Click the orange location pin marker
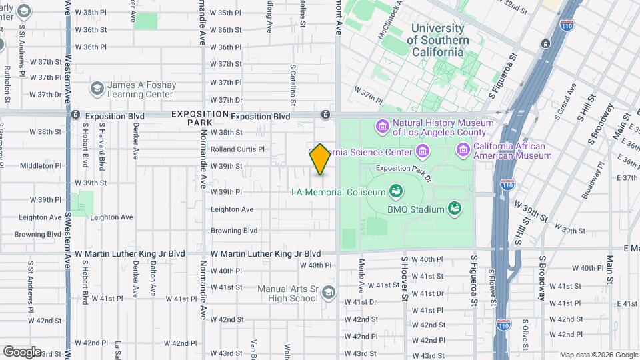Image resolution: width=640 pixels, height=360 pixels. [x=321, y=159]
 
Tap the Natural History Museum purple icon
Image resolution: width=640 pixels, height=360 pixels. [x=382, y=126]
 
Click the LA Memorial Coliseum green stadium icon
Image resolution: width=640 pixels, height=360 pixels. [x=396, y=192]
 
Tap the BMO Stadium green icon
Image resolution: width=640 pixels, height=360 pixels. [x=455, y=209]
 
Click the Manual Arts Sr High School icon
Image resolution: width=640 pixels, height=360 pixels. [x=327, y=293]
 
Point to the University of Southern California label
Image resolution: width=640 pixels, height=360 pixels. [x=437, y=40]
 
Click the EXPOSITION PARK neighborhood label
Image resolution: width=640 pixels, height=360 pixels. [x=191, y=118]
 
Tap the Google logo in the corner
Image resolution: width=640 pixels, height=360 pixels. [x=22, y=351]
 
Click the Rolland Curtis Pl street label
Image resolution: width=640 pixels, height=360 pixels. [x=237, y=149]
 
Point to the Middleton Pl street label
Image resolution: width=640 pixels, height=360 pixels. [x=41, y=165]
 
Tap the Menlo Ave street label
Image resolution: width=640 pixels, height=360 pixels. [x=361, y=275]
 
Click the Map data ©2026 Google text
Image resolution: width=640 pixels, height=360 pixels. [x=598, y=355]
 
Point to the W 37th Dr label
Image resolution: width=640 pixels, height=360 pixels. [x=225, y=100]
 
